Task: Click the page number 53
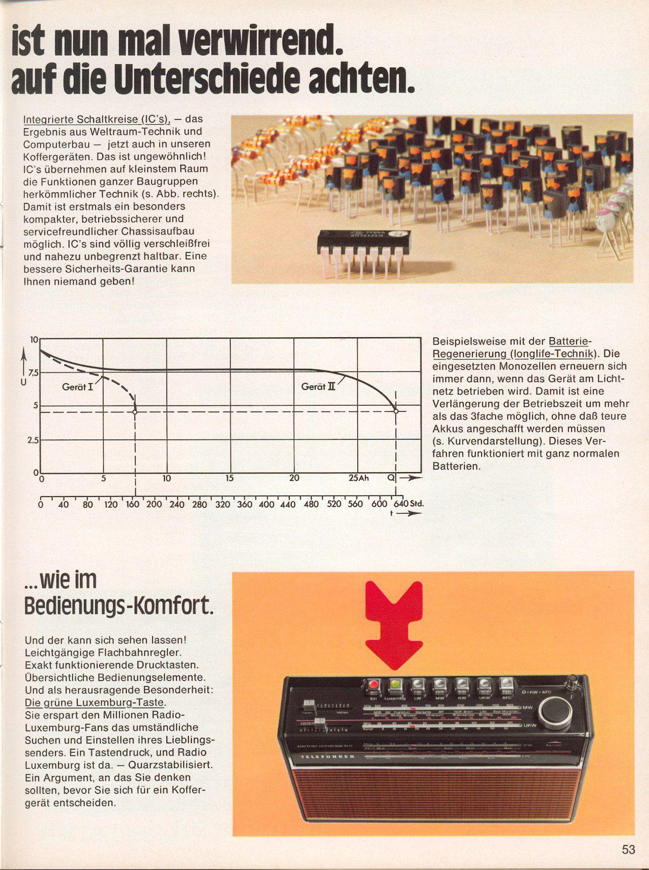[628, 850]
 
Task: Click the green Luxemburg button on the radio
[395, 685]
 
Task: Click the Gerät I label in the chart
[77, 387]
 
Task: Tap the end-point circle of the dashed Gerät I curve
[135, 411]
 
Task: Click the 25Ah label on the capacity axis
[358, 478]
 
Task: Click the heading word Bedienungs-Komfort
[119, 605]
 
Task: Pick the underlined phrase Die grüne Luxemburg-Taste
[95, 703]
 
